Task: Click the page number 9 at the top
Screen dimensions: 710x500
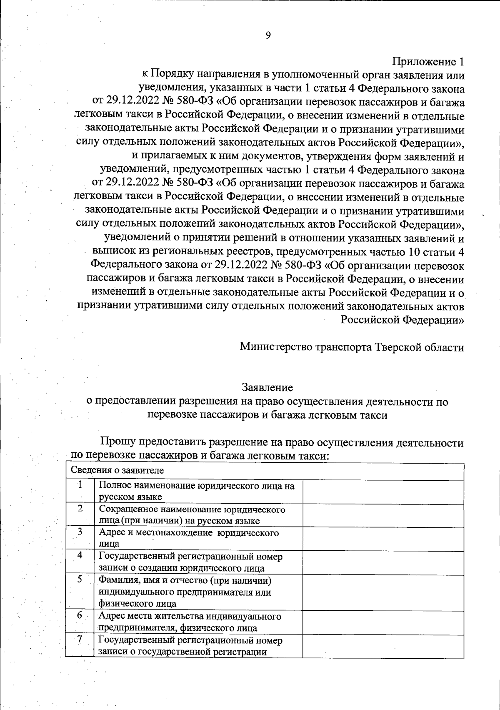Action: [268, 35]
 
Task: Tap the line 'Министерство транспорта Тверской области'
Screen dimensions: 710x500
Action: [352, 347]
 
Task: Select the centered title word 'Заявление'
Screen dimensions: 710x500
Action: [267, 387]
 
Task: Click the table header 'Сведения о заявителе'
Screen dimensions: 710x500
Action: [117, 470]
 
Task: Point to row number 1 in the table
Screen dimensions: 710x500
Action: [80, 485]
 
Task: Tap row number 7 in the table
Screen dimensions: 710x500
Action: [80, 640]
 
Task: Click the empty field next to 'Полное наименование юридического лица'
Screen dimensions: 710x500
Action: [383, 492]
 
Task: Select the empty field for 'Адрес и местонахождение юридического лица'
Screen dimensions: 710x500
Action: [383, 539]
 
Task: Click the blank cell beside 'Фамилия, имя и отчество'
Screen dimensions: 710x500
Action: [383, 592]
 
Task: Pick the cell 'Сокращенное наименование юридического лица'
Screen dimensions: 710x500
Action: [192, 515]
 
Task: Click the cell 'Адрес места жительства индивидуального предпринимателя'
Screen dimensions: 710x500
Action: [190, 622]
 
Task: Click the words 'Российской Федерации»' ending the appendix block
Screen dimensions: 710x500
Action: [402, 320]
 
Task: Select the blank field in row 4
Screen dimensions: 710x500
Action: [383, 562]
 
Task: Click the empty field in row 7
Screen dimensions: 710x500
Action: [383, 646]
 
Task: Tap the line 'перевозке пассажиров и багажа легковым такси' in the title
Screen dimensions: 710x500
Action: [267, 415]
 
